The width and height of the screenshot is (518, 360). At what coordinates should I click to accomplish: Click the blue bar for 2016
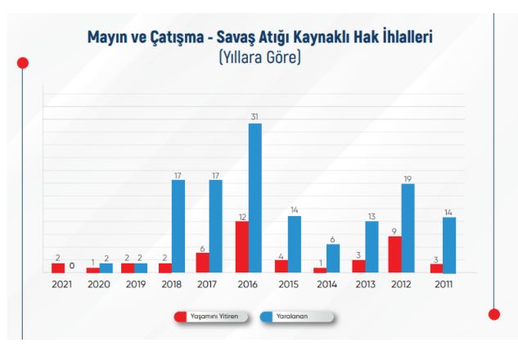click(254, 198)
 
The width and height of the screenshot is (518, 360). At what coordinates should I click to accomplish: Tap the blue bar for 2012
click(408, 228)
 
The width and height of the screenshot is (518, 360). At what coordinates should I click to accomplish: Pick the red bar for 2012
click(395, 254)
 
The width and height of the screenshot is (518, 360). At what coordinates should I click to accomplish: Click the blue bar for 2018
click(178, 227)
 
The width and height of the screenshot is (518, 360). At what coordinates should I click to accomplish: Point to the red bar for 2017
click(203, 263)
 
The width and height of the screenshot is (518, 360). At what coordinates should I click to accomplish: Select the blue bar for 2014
click(332, 259)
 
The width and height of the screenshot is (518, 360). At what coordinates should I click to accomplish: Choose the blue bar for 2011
click(448, 245)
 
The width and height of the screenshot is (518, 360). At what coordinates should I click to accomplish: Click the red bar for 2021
click(58, 268)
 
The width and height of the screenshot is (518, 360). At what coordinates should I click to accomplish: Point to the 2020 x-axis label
click(98, 284)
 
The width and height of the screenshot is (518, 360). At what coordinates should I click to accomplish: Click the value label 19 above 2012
click(408, 178)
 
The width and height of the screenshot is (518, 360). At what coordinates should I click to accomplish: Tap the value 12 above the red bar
click(242, 216)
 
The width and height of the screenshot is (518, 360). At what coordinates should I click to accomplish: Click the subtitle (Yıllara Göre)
click(259, 59)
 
